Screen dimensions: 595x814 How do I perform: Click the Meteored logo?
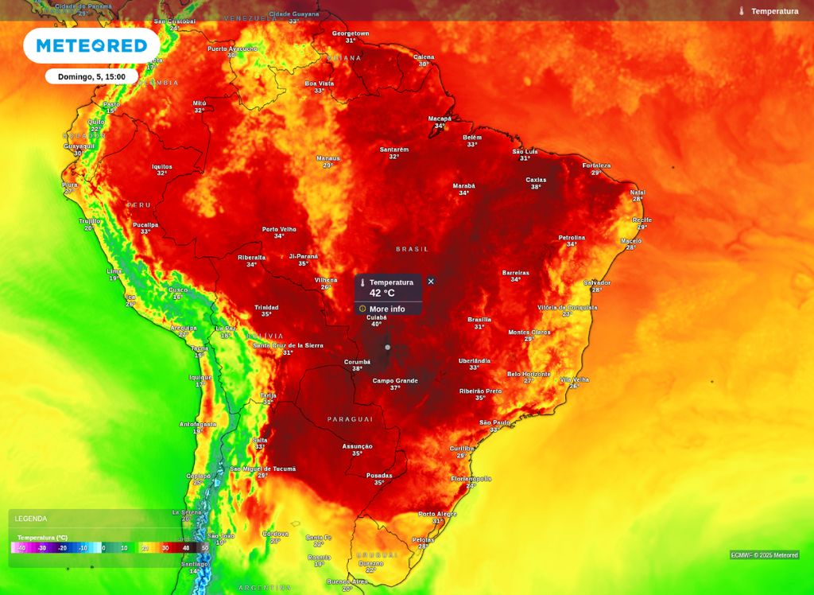tap(91, 46)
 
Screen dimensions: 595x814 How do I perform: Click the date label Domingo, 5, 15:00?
tap(91, 76)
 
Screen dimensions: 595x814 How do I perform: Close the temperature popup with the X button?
tap(431, 282)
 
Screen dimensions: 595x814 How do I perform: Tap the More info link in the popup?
tap(386, 309)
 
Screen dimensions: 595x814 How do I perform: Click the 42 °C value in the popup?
tap(382, 294)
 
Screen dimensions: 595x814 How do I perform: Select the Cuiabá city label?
tap(376, 317)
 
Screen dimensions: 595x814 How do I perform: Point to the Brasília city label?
tap(479, 320)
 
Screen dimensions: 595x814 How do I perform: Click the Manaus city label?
tap(328, 158)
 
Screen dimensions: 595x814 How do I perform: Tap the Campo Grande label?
tap(395, 381)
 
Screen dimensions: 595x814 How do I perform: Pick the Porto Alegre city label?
tap(437, 514)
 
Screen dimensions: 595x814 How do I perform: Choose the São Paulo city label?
tap(494, 422)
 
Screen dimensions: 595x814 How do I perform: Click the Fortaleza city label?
tap(596, 165)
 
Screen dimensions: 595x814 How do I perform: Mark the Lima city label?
tap(114, 271)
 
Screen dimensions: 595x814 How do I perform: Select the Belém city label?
tap(472, 138)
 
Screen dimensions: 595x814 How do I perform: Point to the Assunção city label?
tap(357, 446)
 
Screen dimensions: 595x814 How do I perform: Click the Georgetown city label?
tap(351, 33)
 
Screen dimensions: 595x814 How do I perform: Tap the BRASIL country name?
tap(412, 249)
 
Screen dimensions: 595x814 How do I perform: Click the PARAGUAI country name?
tap(350, 418)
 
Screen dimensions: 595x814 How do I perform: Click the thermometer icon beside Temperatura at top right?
tap(741, 11)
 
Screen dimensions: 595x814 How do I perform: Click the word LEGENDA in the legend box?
tap(31, 519)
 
